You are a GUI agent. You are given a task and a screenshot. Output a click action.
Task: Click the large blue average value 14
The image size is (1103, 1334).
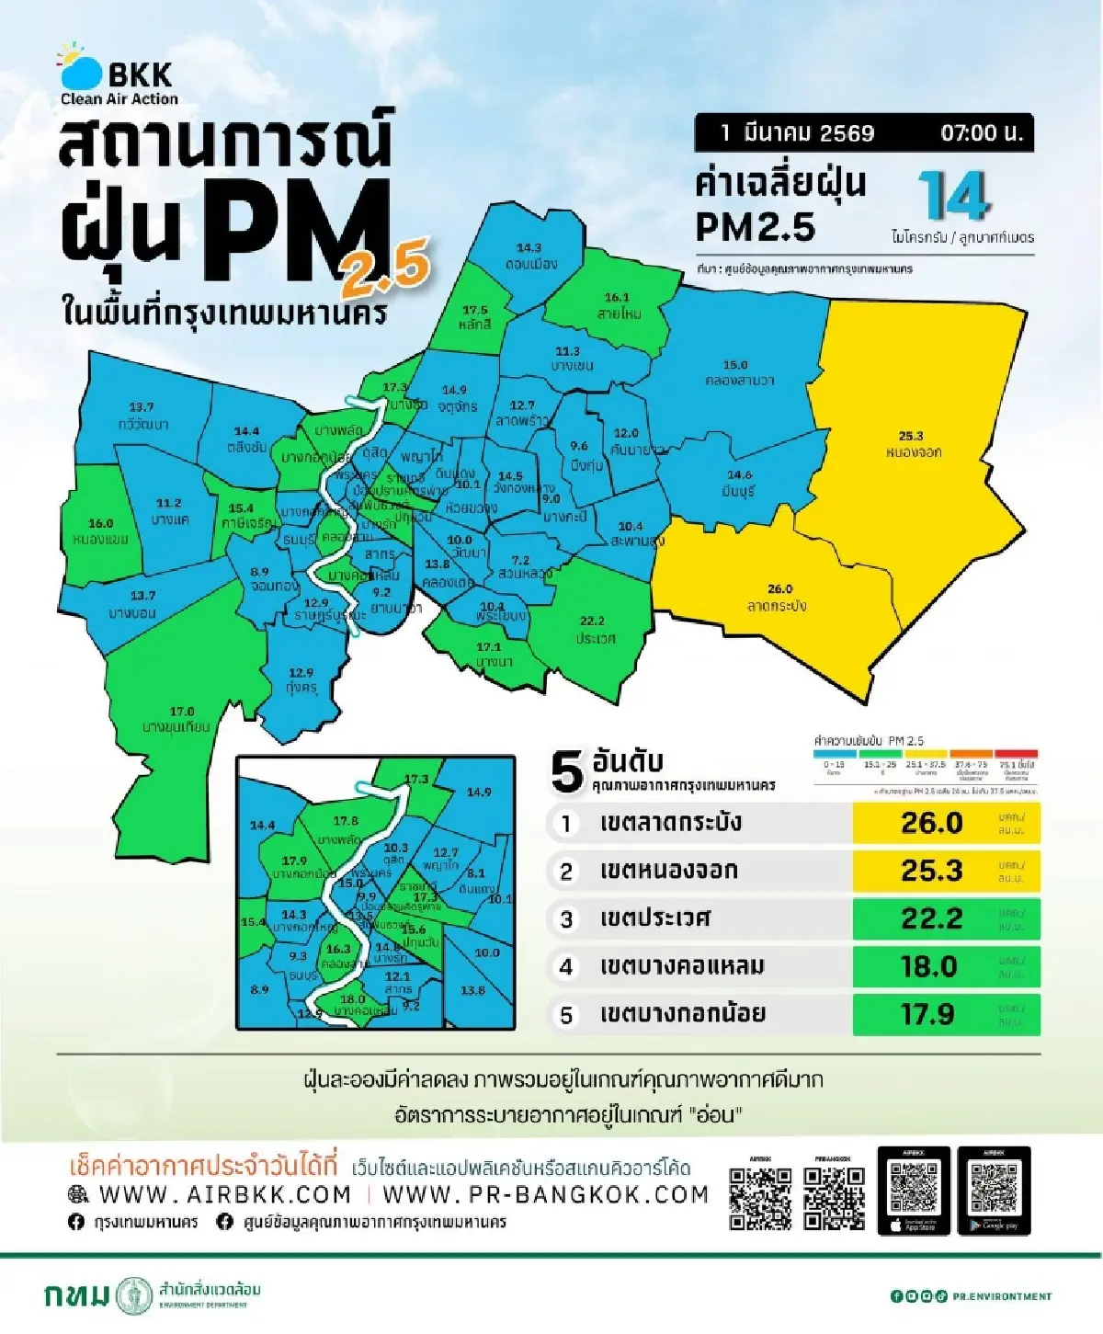point(953,196)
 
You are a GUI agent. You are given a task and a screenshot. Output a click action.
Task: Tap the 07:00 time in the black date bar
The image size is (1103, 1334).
point(981,133)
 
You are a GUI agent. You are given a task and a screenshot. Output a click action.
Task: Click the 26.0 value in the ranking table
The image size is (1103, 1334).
point(931,823)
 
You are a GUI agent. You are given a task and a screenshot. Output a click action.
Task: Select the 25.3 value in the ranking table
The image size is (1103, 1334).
point(931,871)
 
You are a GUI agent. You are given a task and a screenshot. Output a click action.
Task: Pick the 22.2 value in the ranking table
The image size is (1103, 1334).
point(931,918)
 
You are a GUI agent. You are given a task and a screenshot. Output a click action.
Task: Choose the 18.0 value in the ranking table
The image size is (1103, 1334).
point(929,966)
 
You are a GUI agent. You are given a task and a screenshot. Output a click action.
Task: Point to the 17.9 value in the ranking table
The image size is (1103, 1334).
point(927,1014)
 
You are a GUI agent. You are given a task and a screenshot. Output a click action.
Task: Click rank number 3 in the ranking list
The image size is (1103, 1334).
point(566,919)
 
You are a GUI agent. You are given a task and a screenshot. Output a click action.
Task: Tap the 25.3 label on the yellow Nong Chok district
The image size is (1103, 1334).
point(911,436)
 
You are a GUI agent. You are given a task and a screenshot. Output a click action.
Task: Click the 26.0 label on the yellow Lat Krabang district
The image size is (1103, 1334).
point(779,588)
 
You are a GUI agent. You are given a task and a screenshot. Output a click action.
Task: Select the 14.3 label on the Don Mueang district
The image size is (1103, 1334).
point(529,247)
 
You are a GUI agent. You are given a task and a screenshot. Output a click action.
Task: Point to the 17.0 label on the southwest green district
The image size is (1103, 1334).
point(182,711)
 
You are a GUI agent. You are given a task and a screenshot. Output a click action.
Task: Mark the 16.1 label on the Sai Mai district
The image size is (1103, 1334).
point(617,298)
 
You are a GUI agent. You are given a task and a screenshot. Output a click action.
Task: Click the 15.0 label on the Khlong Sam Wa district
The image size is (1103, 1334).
point(735,365)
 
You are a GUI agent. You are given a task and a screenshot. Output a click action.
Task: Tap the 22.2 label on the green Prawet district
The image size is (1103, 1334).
point(592,621)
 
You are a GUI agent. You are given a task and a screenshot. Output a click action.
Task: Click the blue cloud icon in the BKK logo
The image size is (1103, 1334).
point(82,72)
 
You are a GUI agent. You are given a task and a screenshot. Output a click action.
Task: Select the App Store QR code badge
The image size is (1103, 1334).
point(914,1191)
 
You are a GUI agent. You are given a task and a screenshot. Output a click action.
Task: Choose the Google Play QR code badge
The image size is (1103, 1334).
point(994,1191)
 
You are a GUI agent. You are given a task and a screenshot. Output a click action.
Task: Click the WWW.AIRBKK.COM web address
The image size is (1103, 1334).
point(224,1194)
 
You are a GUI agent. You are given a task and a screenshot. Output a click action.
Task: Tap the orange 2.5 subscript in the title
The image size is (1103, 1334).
point(386,264)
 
